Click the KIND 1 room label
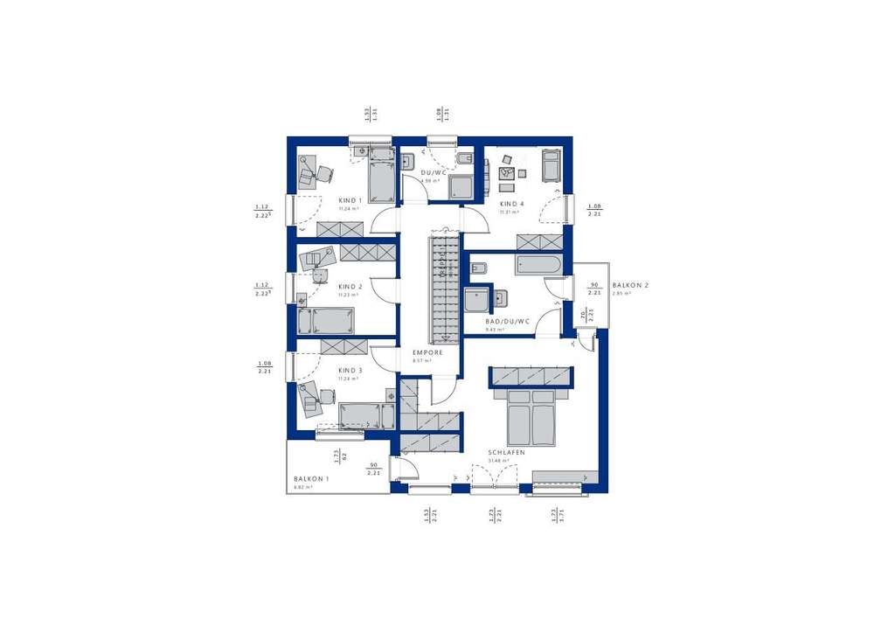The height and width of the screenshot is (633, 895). [x=350, y=199]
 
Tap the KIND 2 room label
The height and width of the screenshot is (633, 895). [x=350, y=286]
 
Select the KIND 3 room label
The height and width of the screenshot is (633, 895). [x=350, y=370]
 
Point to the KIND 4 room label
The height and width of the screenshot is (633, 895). [x=511, y=203]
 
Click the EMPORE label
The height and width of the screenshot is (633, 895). [x=428, y=352]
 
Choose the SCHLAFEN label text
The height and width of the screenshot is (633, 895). [x=507, y=452]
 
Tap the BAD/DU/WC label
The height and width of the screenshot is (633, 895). [x=508, y=321]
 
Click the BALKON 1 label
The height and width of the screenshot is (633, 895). [x=311, y=478]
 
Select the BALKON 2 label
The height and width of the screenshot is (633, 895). [x=630, y=285]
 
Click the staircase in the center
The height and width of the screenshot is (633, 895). [x=443, y=288]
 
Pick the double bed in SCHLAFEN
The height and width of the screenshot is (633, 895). [x=531, y=417]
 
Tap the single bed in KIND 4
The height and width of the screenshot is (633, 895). [x=551, y=165]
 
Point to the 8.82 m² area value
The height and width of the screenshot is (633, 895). [x=303, y=487]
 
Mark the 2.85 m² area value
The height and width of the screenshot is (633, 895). [x=621, y=294]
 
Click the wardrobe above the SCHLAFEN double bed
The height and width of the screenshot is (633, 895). [x=531, y=376]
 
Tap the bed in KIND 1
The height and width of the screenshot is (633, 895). [x=381, y=181]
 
